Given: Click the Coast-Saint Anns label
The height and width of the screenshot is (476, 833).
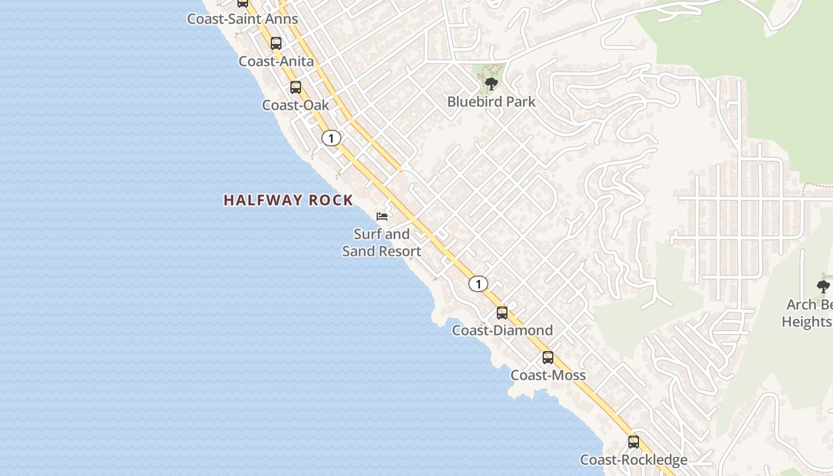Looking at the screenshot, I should [242, 18].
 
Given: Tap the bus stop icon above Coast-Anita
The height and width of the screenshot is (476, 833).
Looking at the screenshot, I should [276, 43].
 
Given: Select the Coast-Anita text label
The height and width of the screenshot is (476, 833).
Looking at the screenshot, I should [276, 61].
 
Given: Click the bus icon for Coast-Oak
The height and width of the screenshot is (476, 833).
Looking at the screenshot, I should [296, 87].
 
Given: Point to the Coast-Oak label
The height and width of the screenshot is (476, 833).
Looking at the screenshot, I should [296, 105].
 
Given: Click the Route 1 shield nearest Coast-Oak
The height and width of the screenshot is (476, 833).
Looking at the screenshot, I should [331, 139].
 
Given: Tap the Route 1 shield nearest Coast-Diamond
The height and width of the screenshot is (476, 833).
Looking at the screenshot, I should [478, 284].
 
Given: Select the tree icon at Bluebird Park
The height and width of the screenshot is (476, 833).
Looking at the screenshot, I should [491, 83].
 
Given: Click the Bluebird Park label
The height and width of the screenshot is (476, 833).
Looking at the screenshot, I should [491, 102].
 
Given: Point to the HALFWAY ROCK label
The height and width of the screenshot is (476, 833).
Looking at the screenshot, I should [289, 201].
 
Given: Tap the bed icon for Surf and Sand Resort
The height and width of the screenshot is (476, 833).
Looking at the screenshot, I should [382, 216].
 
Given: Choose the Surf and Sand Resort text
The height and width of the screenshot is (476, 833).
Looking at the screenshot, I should [382, 243].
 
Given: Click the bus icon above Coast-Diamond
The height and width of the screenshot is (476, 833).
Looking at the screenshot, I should [502, 313].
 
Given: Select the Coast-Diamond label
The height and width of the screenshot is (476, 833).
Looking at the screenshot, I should [502, 330].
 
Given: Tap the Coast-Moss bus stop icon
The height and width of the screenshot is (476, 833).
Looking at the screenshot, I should [548, 358].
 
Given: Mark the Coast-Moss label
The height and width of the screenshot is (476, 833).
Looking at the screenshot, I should [548, 375].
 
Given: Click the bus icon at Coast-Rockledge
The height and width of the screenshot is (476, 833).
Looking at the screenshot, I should [634, 442].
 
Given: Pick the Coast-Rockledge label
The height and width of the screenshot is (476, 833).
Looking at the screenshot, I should [634, 460].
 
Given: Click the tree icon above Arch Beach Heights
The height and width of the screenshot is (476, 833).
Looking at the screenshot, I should [823, 287].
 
